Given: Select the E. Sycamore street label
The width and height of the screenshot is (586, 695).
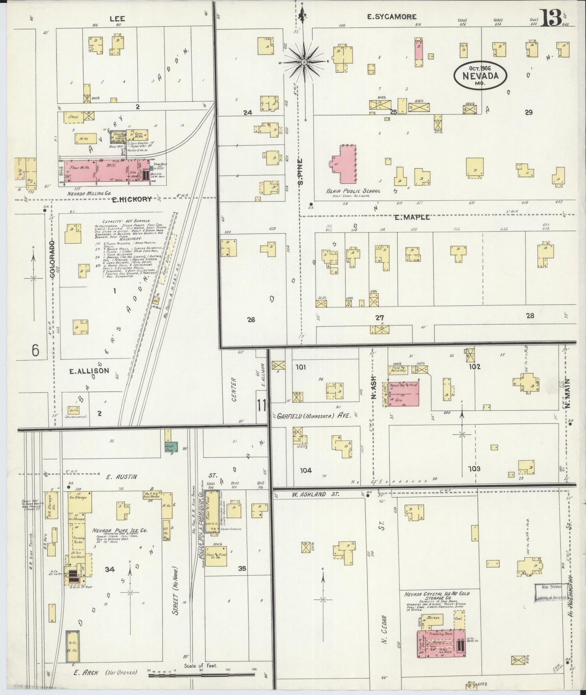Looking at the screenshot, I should (x=392, y=17).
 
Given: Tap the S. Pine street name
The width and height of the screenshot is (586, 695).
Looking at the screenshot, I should (x=301, y=172).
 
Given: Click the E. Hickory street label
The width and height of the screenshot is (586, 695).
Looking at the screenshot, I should (x=132, y=199).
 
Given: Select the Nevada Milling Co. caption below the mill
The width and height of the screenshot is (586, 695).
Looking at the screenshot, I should (x=90, y=194).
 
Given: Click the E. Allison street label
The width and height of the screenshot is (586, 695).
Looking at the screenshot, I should (x=89, y=371).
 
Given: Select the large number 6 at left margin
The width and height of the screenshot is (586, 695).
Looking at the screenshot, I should (x=35, y=350).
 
